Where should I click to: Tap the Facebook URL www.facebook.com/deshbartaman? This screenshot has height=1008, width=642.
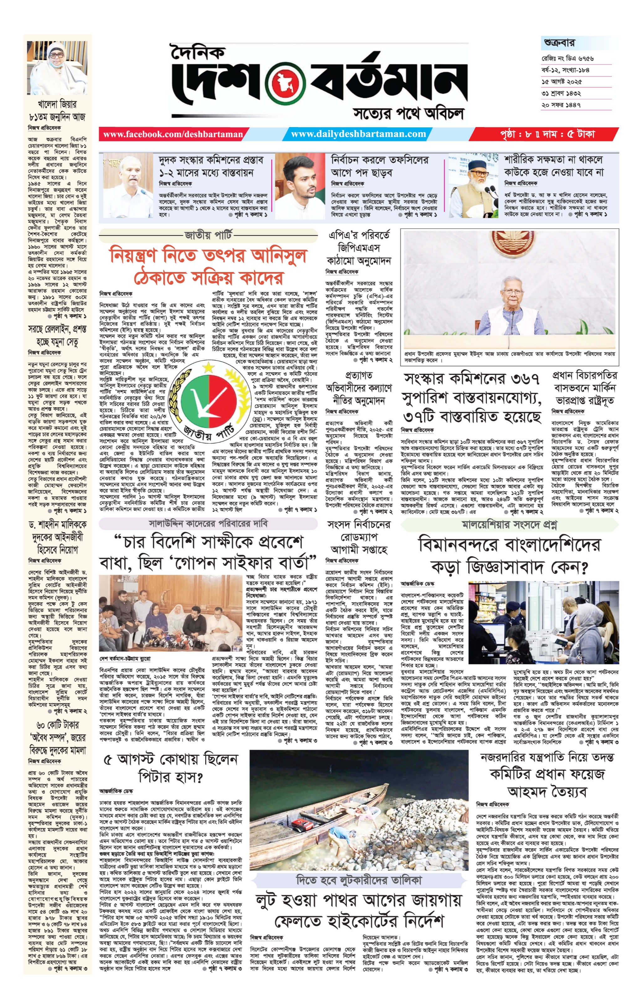point(173,134)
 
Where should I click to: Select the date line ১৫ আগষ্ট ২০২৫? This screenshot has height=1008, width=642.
point(562,82)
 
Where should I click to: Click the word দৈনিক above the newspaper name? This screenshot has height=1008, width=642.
point(197,52)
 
